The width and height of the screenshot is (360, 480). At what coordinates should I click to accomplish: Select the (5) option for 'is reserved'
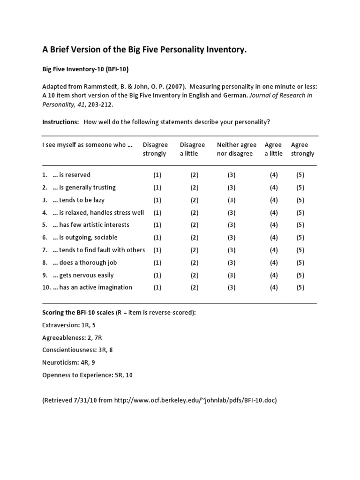pos(300,175)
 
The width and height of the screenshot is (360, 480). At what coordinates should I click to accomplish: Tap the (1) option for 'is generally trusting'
pos(157,187)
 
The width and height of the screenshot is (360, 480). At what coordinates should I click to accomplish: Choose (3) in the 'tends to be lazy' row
pos(232,200)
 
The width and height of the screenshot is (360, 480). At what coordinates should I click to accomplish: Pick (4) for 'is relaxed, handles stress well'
pos(274,212)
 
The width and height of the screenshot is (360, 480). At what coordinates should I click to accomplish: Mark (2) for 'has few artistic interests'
pos(195,225)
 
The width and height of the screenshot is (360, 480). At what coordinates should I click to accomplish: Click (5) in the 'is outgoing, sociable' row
pos(300,238)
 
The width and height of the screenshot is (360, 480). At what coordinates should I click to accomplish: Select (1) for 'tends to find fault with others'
pos(157,250)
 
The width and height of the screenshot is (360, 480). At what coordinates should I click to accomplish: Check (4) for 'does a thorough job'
pos(274,262)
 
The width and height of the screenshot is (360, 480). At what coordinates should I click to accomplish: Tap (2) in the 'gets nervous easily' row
pos(195,275)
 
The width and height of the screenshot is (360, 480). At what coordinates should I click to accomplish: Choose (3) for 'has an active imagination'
pos(232,287)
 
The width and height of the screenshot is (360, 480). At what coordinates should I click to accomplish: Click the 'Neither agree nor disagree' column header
pos(236,149)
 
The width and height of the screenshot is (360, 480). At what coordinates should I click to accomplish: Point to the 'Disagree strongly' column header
pos(155,149)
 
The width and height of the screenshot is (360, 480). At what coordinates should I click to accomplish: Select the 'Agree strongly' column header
pos(302,149)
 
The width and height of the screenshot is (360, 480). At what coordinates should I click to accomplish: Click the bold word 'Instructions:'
pos(60,122)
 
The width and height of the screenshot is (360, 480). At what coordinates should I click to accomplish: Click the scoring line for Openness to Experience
pos(87,375)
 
